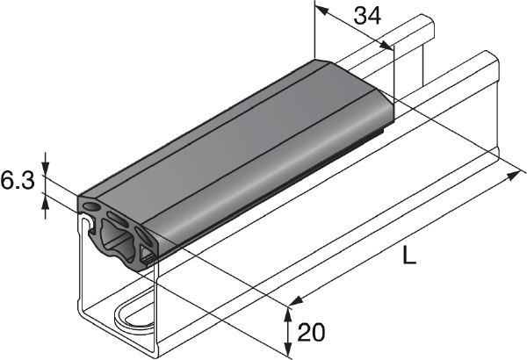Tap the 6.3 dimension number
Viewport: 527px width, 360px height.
pos(17,182)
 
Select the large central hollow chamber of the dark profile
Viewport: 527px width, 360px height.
pos(118,236)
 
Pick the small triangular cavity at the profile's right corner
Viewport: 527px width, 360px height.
pos(148,256)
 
